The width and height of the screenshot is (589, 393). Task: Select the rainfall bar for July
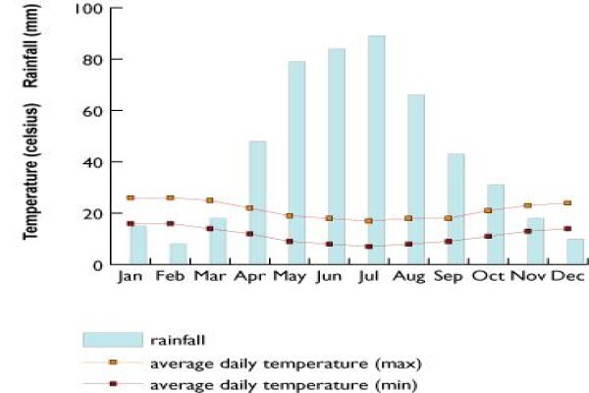[x=376, y=149]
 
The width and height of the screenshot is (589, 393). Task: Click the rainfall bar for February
[x=178, y=253]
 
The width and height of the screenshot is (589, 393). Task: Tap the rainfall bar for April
[x=257, y=202]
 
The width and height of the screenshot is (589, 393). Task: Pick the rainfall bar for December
[x=575, y=252]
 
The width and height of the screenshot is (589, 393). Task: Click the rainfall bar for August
[x=416, y=179]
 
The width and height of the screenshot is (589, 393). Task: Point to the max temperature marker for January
[x=131, y=197]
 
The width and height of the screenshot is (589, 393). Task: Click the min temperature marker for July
[x=369, y=247]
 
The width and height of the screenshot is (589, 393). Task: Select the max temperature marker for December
[x=567, y=202]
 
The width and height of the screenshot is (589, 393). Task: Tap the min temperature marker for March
[x=210, y=229]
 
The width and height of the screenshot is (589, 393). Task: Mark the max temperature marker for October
[x=488, y=210]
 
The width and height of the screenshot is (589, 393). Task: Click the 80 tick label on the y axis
[x=92, y=60]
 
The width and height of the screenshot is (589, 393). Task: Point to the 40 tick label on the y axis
[x=92, y=162]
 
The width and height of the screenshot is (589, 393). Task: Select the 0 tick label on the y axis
[x=97, y=265]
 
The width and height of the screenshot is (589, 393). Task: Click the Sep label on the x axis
[x=449, y=276]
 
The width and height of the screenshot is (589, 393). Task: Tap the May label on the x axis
[x=290, y=277]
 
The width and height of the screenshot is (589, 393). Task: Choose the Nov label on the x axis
[x=528, y=276]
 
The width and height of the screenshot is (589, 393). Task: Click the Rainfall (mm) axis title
[x=30, y=45]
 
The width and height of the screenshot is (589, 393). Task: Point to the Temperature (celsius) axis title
[x=30, y=172]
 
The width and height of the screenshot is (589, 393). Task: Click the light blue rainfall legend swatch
[x=113, y=340]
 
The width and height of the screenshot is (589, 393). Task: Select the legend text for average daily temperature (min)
[x=284, y=385]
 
